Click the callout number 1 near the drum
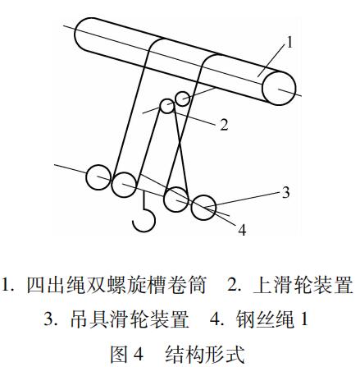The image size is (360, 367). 289,43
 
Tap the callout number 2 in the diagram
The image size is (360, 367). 224,125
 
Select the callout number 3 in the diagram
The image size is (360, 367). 285,192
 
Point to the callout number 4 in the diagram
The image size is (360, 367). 242,230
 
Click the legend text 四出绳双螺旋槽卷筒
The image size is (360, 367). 116,285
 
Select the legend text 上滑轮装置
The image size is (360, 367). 303,285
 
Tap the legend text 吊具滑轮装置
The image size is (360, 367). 130,319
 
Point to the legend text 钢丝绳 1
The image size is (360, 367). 272,319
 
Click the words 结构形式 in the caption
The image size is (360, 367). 205,354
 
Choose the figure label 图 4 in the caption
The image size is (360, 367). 126,354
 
